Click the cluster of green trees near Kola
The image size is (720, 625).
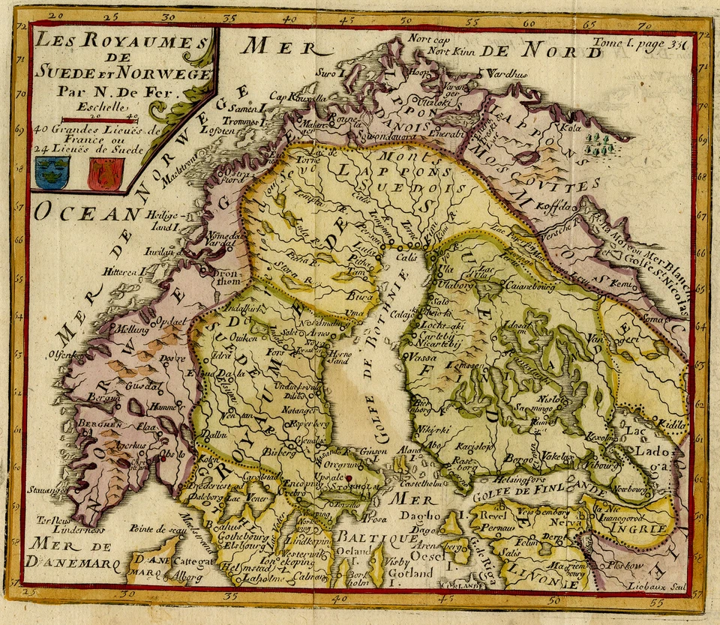(x=601, y=144)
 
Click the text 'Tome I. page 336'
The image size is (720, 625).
(x=638, y=44)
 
